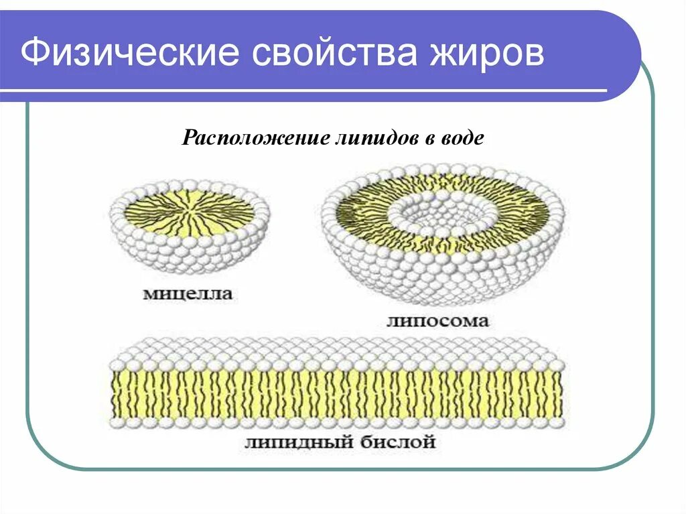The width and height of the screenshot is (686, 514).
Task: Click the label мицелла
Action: tap(187, 293)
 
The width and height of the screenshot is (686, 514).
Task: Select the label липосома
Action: tap(437, 321)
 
